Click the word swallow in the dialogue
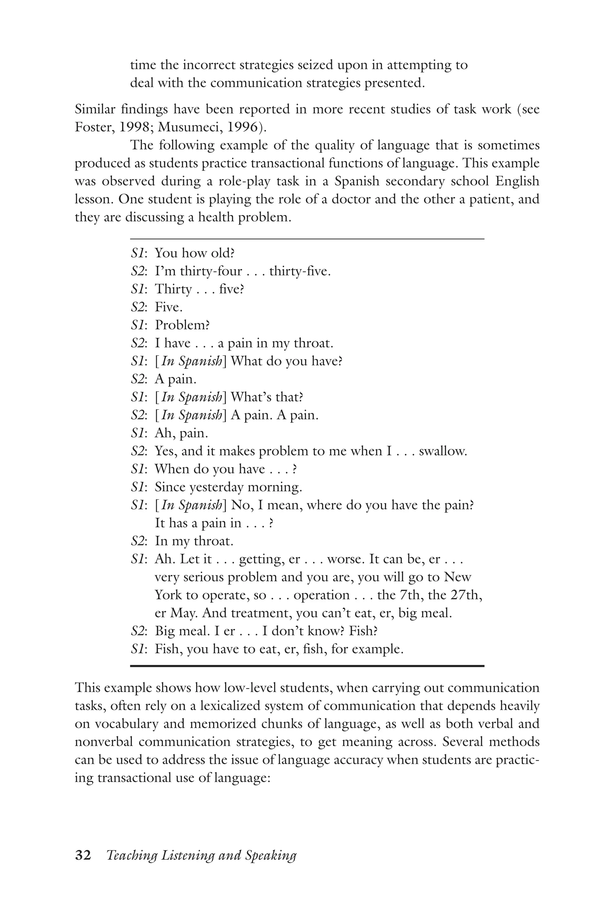tap(442, 451)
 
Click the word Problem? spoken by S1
tap(182, 325)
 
